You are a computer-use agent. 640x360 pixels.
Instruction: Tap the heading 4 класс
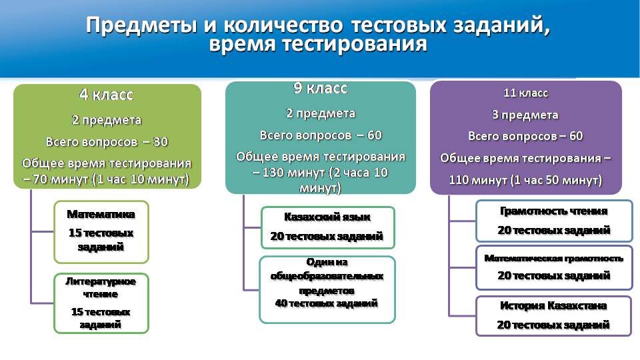(x=107, y=95)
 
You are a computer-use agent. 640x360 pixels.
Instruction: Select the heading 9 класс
(x=321, y=88)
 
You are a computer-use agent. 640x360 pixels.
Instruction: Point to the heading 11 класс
(x=526, y=93)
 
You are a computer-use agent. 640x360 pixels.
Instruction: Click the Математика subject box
(x=101, y=232)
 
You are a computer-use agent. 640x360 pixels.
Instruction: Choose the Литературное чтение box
(x=101, y=303)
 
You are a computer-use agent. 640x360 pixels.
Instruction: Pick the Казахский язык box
(x=328, y=227)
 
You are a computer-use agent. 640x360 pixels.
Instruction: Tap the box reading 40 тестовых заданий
(x=327, y=289)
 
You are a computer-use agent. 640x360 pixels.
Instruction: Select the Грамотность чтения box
(x=554, y=221)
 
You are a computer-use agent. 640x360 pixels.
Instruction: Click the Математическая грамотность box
(x=554, y=267)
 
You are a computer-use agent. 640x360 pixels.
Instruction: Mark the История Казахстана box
(x=554, y=316)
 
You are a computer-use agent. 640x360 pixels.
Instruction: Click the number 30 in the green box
(x=161, y=142)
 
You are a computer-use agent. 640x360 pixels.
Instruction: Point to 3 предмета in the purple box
(x=525, y=115)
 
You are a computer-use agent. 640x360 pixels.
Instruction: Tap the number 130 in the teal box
(x=274, y=173)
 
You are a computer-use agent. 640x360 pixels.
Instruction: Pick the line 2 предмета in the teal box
(x=321, y=113)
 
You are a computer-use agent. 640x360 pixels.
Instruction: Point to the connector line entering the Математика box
(x=43, y=232)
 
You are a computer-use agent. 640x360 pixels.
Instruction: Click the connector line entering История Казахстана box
(x=463, y=316)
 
